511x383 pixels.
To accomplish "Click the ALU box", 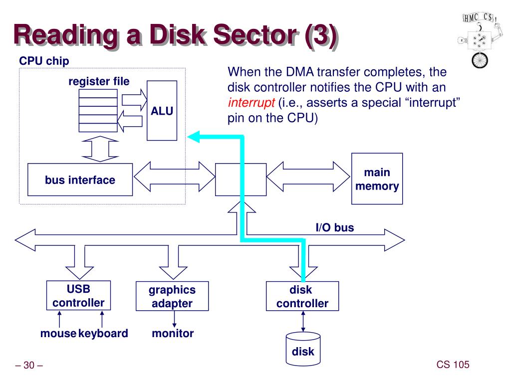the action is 162,111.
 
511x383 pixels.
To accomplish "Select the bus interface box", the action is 80,180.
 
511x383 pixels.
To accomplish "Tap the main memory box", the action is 377,179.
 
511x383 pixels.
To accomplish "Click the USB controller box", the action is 78,295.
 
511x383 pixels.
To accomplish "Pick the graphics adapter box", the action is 172,296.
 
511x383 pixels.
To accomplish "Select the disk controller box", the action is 302,296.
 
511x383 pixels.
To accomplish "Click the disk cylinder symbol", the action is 303,349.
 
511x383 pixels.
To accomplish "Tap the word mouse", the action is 58,333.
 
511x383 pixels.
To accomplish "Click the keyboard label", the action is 103,334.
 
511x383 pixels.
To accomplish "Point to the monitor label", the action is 173,333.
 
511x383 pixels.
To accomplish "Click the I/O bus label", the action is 335,227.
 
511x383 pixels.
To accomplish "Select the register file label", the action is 99,81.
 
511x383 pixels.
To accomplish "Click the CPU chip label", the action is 44,60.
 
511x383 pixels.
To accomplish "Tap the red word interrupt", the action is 252,103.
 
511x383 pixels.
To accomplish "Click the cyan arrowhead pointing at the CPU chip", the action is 194,137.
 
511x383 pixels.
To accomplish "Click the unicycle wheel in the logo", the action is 480,60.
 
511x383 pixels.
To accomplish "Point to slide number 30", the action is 29,365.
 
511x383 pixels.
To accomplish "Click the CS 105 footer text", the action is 453,365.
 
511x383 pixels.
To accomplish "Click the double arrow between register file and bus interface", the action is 100,149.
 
